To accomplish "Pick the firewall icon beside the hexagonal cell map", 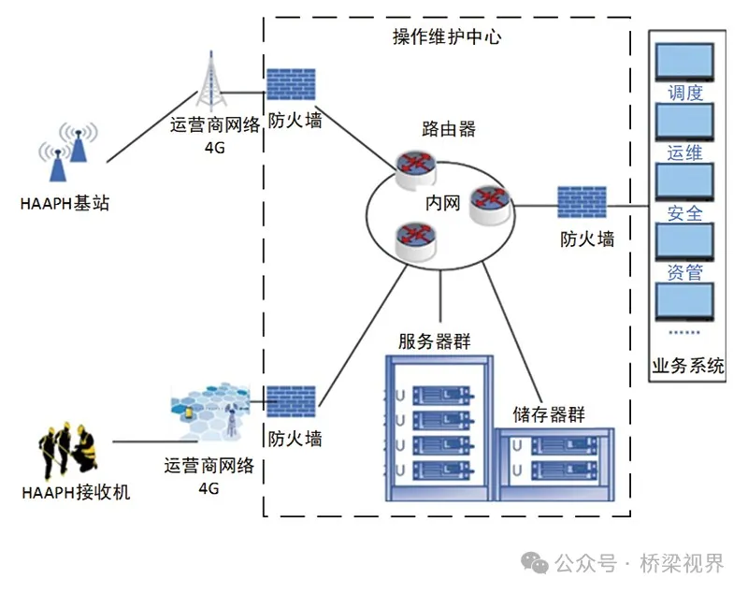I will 292,400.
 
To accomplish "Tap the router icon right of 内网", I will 489,201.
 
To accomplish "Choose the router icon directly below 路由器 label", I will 413,169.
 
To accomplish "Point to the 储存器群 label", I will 549,413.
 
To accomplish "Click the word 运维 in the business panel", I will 685,152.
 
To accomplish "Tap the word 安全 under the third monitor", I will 685,213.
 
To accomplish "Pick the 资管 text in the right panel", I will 685,273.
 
